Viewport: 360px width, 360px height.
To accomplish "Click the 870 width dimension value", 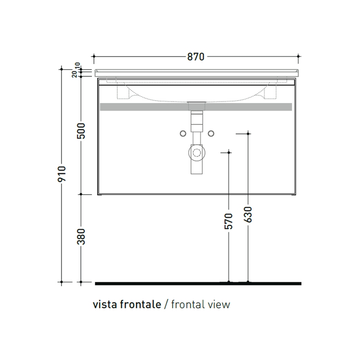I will click(x=196, y=56).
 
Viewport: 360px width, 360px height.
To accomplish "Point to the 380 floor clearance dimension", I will click(x=81, y=237).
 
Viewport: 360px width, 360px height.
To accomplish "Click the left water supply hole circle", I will click(x=183, y=134).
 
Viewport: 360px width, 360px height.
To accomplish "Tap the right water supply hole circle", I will click(x=210, y=134).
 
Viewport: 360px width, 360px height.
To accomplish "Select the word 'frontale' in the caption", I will click(x=139, y=304).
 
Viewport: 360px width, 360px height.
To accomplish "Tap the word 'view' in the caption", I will click(x=219, y=304).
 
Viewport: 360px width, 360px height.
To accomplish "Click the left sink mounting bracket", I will click(x=123, y=91).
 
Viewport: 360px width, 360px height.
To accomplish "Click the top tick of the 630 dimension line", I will click(x=248, y=134).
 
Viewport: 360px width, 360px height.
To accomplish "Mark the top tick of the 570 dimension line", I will click(x=229, y=152).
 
